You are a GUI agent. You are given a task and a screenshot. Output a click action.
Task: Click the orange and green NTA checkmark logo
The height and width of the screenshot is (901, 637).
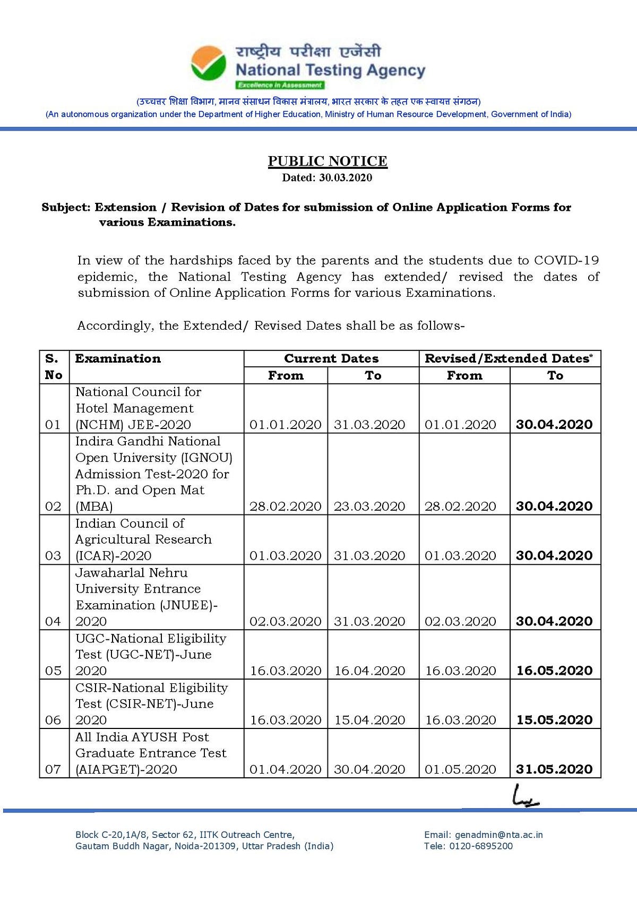coord(208,63)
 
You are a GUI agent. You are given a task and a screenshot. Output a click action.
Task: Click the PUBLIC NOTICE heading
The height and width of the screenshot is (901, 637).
coord(328,161)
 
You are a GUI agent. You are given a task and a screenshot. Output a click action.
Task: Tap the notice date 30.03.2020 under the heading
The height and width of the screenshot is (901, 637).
coord(345,178)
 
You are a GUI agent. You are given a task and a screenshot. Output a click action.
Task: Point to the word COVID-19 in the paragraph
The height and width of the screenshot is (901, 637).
coord(566,260)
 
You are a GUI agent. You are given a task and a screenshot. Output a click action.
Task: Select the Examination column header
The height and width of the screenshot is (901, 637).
coord(118,359)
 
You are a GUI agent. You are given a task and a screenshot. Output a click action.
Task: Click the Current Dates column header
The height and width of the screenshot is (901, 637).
coord(331,359)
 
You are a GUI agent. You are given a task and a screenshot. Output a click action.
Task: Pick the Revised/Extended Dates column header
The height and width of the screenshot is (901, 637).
coord(509,359)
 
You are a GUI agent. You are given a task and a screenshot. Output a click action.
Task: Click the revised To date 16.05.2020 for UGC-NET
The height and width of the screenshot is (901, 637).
coord(554,671)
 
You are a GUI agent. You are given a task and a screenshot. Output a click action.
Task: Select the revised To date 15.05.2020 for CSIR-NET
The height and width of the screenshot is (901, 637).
coord(554,720)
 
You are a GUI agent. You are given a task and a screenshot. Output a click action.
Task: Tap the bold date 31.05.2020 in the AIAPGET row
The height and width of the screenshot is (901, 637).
coord(554,769)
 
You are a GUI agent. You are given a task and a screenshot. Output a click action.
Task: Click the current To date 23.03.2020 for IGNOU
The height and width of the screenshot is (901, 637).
coord(369,507)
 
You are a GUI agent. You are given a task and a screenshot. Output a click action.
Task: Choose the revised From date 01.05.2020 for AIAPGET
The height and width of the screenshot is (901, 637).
coord(460,769)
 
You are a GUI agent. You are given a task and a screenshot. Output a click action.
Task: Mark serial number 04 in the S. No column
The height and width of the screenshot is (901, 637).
coord(53,621)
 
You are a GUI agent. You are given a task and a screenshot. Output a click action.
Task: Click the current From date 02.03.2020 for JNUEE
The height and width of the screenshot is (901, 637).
coord(286,621)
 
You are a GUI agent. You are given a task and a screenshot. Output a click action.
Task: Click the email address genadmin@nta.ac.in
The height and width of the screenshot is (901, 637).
coord(498,835)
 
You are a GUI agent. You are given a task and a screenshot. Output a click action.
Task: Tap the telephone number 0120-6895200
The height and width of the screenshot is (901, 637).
coord(481,846)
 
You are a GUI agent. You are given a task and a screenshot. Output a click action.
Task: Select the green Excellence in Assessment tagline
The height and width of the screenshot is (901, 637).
coord(280,85)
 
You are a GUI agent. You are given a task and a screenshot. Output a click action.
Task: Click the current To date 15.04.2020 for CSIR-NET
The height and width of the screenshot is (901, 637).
coord(369,720)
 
